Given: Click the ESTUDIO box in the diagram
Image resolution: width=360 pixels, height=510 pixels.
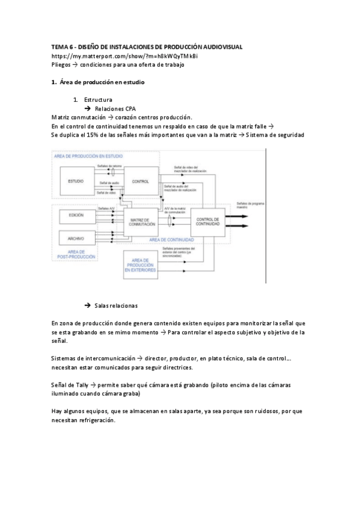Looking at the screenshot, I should point(76,181).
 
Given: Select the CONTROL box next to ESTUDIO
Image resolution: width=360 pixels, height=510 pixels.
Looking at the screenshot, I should point(140,181).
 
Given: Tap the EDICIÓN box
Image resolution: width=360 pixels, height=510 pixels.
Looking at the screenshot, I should point(76,215).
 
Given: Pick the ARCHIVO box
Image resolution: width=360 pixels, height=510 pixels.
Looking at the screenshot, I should point(76,238).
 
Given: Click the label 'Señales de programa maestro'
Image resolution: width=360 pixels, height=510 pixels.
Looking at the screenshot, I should point(251,204).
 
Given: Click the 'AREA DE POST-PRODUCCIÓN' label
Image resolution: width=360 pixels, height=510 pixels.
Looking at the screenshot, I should point(76,256).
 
